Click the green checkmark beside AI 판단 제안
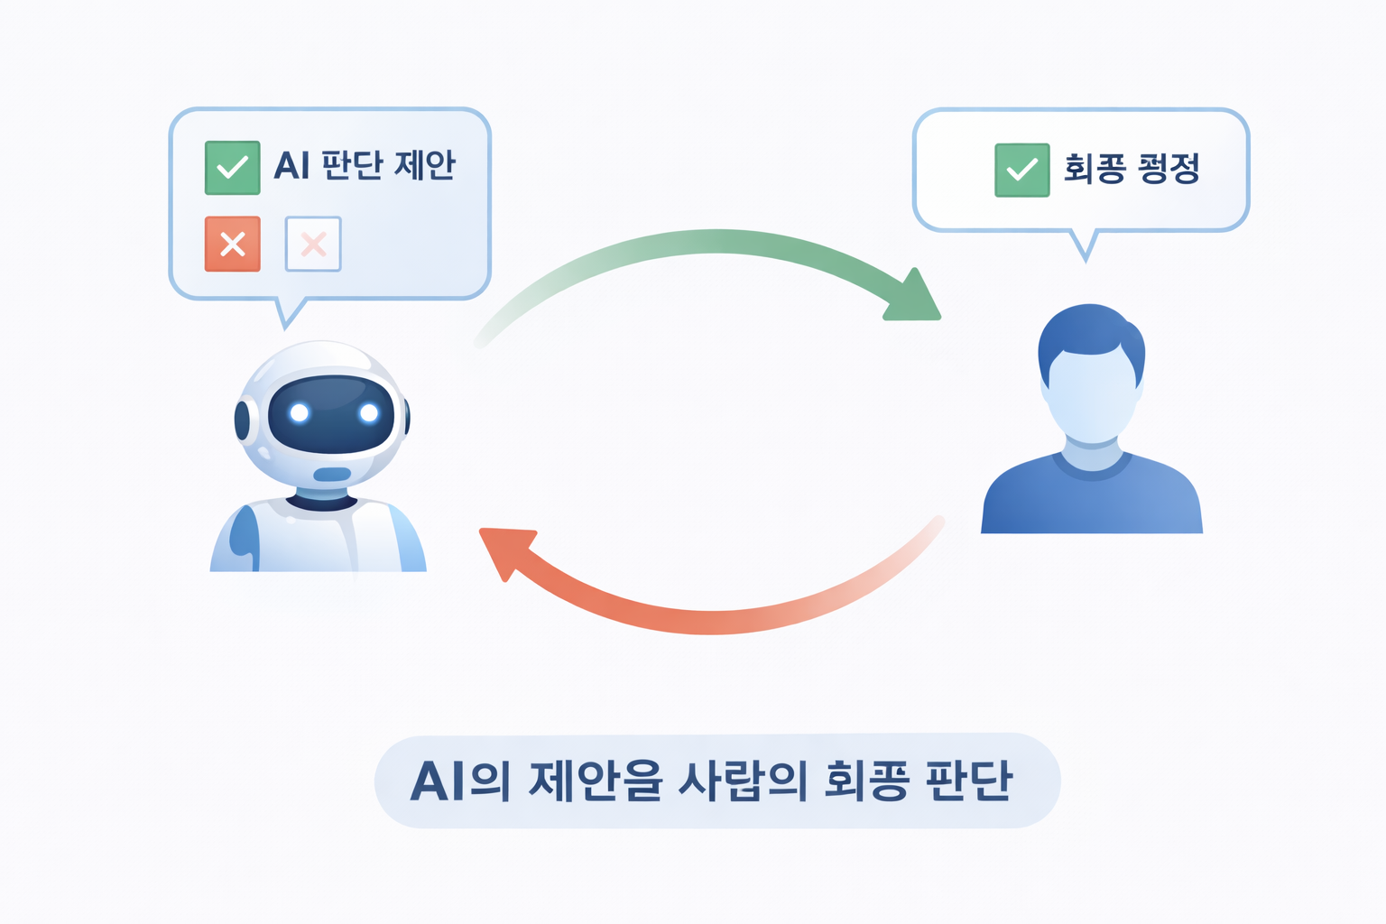point(232,168)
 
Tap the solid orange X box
point(232,244)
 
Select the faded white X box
point(313,244)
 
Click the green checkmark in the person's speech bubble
point(1021,170)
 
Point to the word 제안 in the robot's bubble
point(425,165)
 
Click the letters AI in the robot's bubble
point(291,166)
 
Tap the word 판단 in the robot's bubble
point(352,165)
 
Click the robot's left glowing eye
point(300,413)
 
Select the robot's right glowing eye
point(368,413)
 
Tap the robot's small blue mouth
point(332,475)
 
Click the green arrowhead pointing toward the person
point(913,299)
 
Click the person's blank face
point(1091,397)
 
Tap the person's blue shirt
point(1092,501)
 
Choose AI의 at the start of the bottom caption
point(459,781)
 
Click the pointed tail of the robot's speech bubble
point(288,315)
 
